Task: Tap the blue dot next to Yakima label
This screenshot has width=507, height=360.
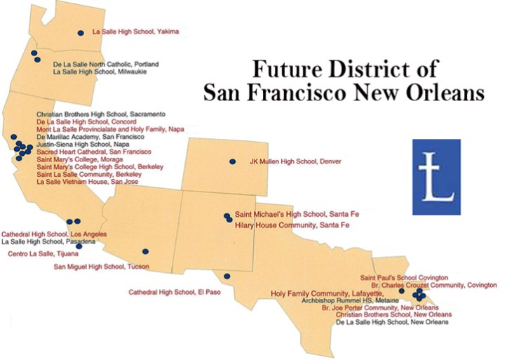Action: pos(81,32)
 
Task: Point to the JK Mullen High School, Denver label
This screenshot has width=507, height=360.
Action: pos(295,161)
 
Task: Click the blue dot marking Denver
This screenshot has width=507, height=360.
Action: pos(232,161)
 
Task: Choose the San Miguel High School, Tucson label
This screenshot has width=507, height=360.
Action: pos(92,267)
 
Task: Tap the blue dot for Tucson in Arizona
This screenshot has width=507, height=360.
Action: pos(145,251)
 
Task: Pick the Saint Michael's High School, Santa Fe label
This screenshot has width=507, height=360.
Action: pos(292,214)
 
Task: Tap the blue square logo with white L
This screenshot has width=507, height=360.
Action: pos(436,176)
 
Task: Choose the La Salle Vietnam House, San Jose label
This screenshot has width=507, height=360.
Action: pos(87,182)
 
